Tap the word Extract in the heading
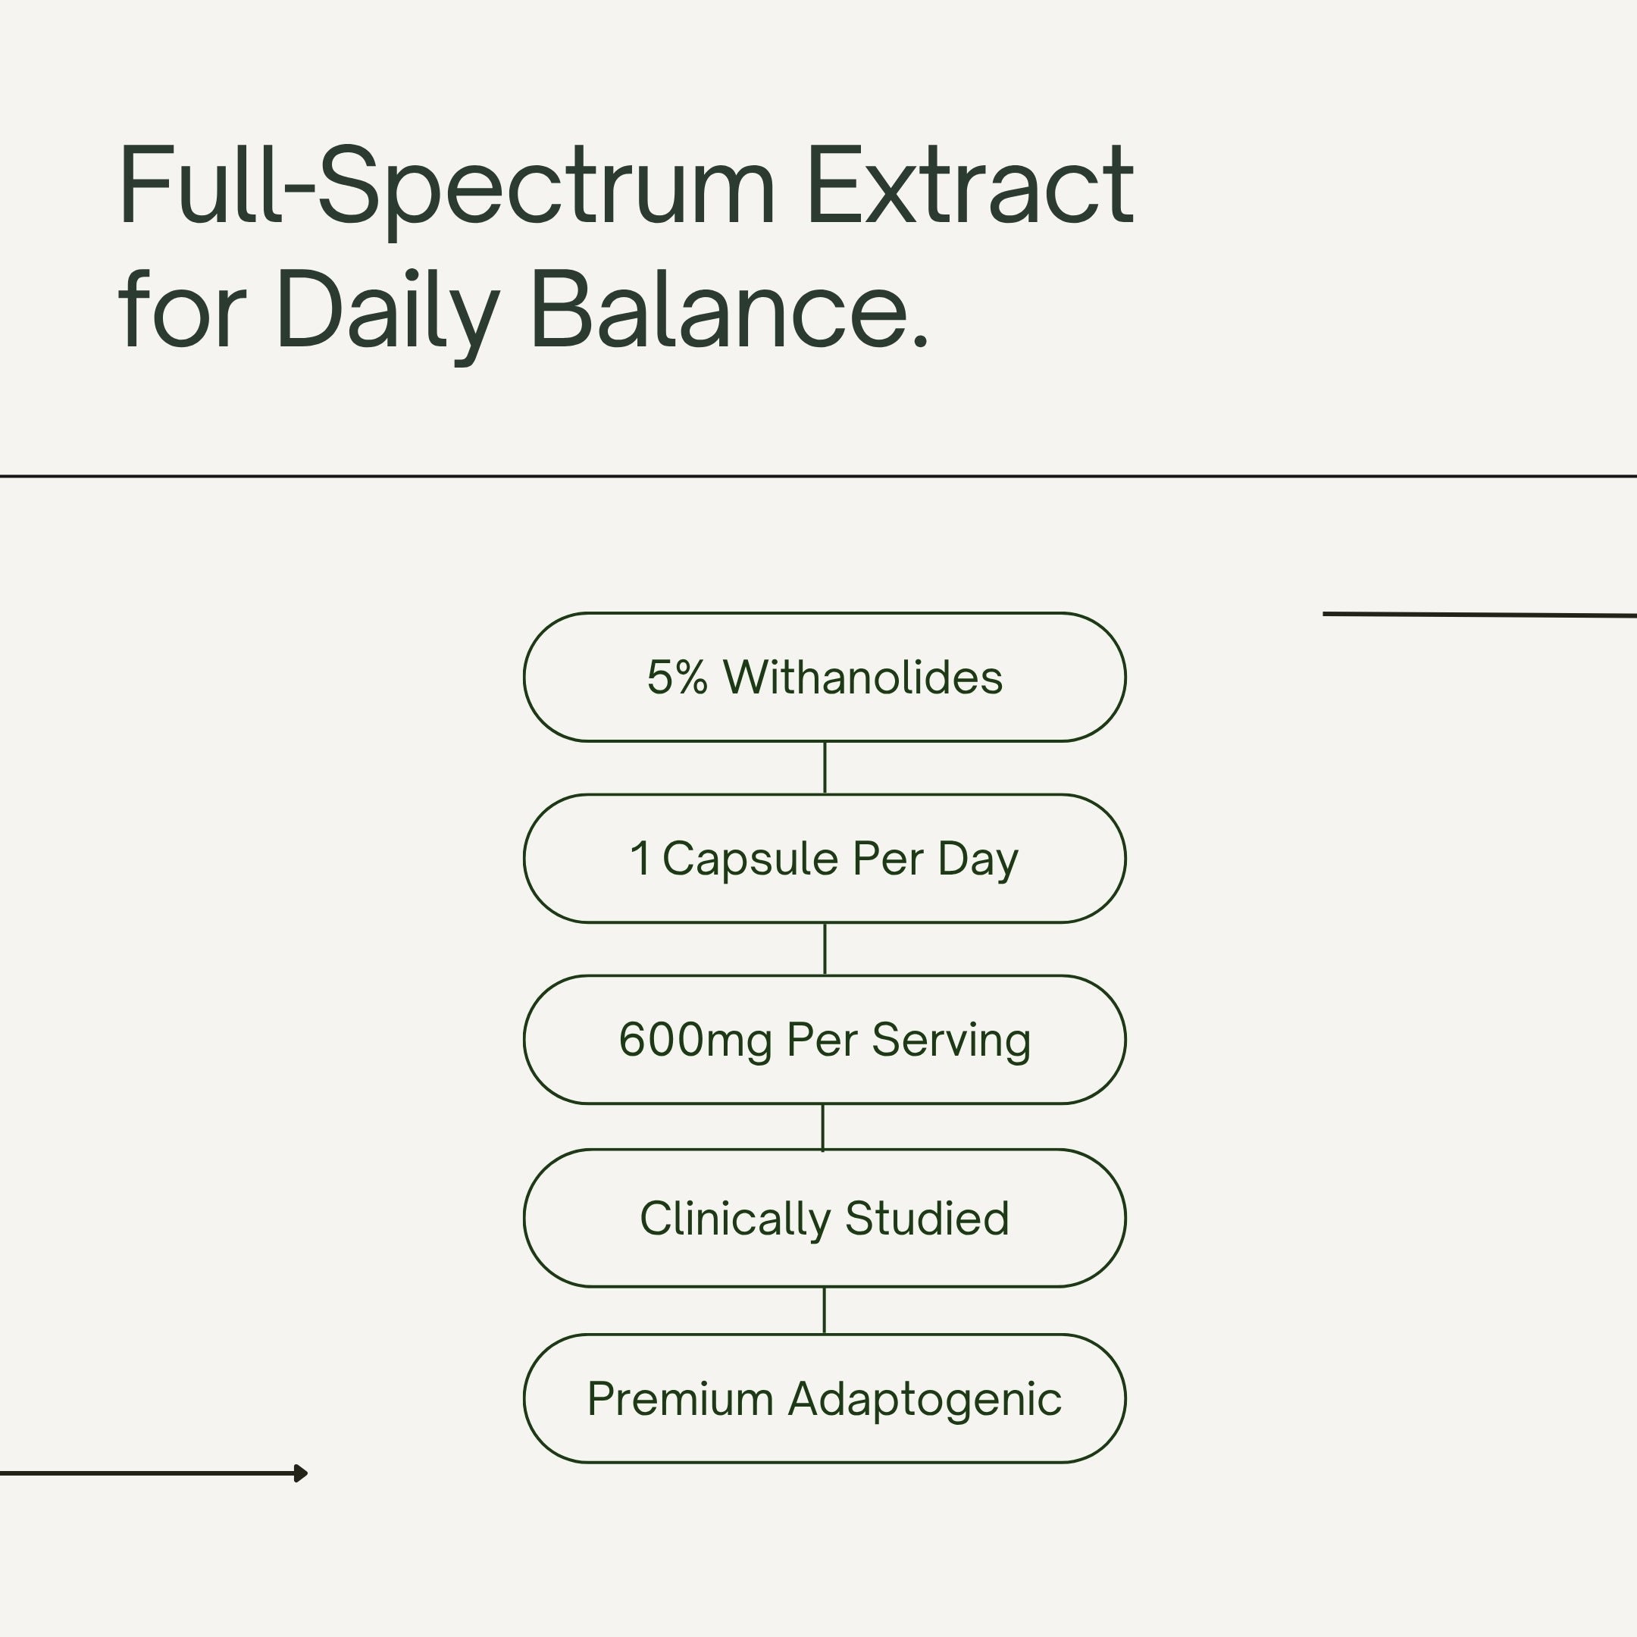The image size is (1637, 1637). coord(971,185)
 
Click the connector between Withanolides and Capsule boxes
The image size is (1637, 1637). coord(825,768)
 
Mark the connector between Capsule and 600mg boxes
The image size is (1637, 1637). coord(825,949)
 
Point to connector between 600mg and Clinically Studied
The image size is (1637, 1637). coord(823,1127)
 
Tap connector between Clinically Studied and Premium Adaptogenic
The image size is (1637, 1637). coord(824,1311)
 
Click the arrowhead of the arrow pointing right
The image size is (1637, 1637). coord(301,1473)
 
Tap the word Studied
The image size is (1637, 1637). coord(927,1219)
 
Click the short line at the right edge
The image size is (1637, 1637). coord(1479,615)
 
